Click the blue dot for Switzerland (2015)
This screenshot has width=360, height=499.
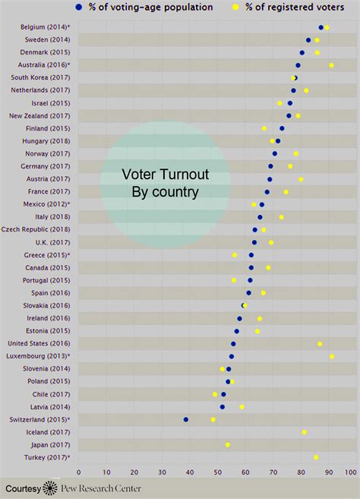click(x=186, y=419)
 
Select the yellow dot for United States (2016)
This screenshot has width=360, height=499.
click(x=320, y=344)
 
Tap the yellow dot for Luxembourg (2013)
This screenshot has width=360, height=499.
click(x=332, y=356)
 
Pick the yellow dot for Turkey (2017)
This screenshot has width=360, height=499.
click(x=316, y=457)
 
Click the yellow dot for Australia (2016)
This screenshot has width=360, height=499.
click(x=331, y=65)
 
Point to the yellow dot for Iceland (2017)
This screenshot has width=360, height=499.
click(x=305, y=432)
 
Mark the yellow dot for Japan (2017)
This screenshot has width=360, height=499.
click(x=228, y=444)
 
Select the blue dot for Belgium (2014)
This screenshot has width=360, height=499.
click(x=321, y=27)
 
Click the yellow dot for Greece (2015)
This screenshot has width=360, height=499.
click(x=235, y=255)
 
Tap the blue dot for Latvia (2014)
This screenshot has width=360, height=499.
click(x=223, y=406)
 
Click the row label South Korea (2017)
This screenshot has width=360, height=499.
click(x=40, y=77)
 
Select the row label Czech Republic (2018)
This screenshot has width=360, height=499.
click(x=36, y=229)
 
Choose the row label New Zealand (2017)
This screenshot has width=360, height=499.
click(x=39, y=115)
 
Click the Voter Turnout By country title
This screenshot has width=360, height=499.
click(x=165, y=183)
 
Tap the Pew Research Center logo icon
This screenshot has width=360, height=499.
click(x=50, y=488)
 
